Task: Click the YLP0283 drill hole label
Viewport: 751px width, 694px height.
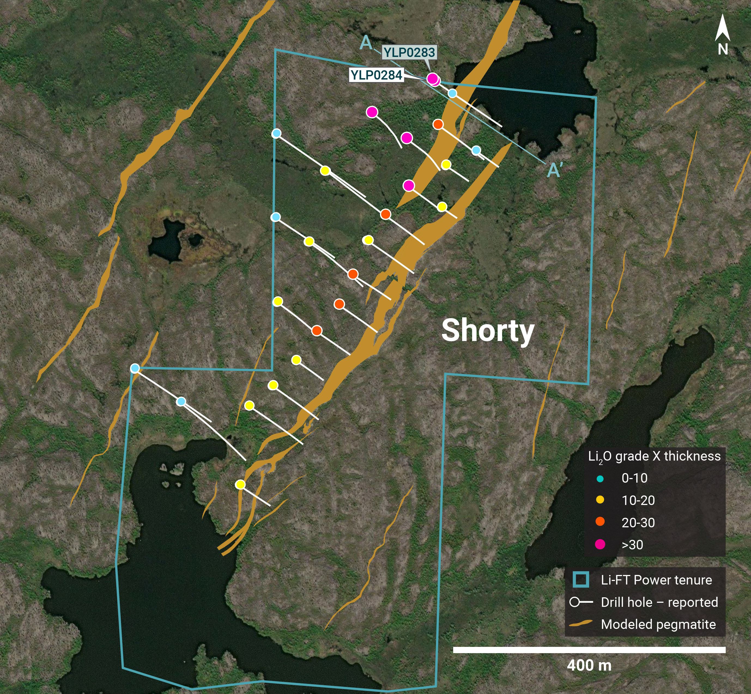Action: [409, 52]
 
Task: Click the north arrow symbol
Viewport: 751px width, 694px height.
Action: [722, 28]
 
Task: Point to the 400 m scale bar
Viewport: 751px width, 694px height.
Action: [589, 650]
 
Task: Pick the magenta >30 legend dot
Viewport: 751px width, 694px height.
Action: [600, 544]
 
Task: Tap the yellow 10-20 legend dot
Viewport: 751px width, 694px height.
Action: [600, 500]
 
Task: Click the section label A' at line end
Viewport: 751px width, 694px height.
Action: [555, 171]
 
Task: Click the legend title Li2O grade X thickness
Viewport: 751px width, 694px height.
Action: [654, 456]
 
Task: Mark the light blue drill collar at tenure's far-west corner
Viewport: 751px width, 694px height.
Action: [135, 368]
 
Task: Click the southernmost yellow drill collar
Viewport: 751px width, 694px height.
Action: [240, 485]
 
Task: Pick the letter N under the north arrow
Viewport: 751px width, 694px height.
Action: [722, 49]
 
